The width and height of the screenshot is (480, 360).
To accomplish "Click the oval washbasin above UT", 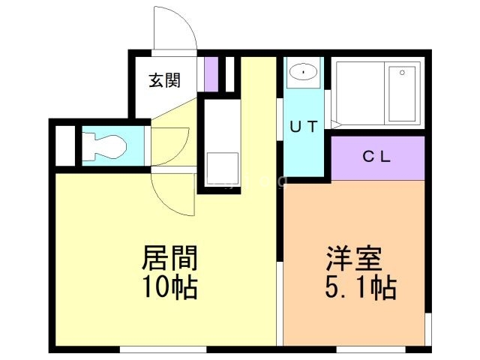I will (303, 72).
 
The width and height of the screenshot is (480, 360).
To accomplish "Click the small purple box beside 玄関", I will (211, 73).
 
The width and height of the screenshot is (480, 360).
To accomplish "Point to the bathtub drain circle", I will (402, 72).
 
